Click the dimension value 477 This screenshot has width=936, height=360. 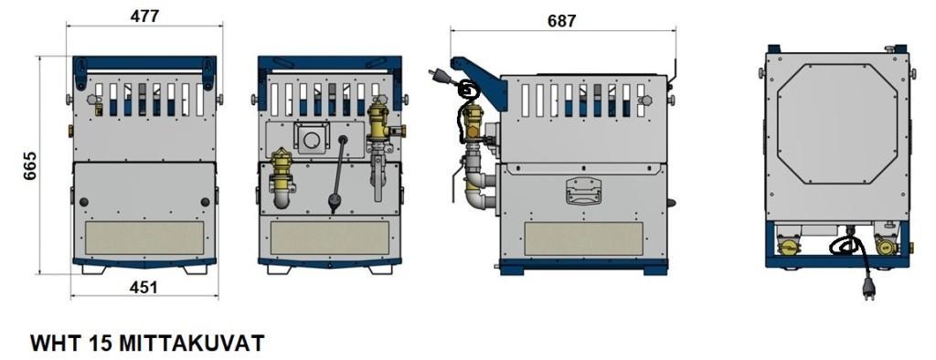coord(144,16)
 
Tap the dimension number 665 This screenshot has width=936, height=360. coord(30,165)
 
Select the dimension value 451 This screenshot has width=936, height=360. coord(144,287)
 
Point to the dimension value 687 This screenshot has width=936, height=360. coord(562,21)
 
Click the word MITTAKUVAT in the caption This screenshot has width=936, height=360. coord(192,344)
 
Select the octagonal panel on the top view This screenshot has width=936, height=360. coord(837,123)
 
